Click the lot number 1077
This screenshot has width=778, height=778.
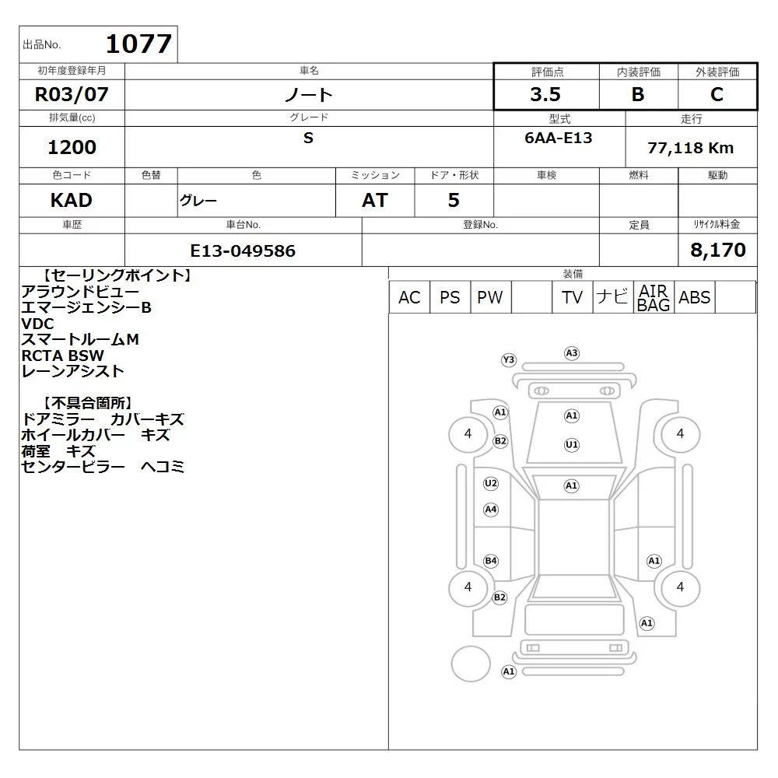pos(139,44)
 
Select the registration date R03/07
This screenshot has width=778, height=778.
pos(72,94)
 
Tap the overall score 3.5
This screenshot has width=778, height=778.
pos(545,94)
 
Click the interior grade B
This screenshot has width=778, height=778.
pos(638,94)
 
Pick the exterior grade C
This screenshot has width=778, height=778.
pos(717,94)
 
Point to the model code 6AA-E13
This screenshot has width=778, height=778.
pos(558,138)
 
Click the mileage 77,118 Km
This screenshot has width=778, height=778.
pos(690,148)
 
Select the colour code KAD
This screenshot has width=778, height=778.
pos(72,201)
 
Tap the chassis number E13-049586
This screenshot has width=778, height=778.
pos(243,251)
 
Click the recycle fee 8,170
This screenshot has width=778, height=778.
pos(718,250)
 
